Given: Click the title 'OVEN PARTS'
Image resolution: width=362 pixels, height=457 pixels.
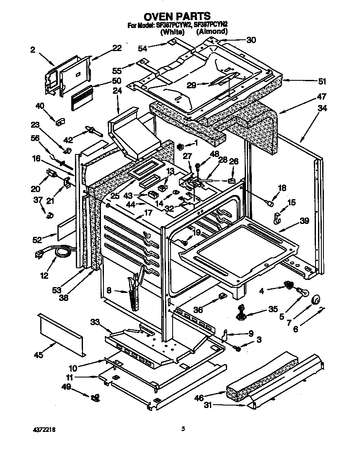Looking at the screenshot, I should tap(177, 16).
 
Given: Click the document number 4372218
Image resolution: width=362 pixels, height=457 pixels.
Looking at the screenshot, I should tap(44, 430).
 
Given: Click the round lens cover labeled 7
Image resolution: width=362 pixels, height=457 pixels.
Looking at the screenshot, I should tap(315, 300).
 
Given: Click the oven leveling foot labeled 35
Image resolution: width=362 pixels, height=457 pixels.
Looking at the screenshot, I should tap(243, 313).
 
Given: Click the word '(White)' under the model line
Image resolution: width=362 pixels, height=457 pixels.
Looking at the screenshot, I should tap(172, 31).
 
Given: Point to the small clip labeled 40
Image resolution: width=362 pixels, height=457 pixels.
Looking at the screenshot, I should tap(59, 121).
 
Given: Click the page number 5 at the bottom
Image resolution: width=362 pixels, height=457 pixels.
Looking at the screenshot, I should tap(183, 429).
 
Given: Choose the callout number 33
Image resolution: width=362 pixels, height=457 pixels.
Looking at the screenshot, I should tap(95, 321).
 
